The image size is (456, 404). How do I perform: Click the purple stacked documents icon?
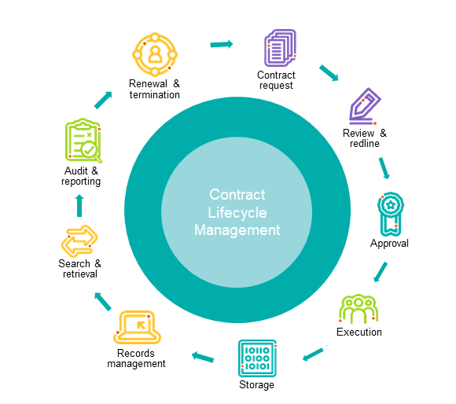(280, 48)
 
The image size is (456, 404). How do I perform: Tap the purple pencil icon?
(365, 106)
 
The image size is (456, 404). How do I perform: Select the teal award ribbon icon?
(391, 214)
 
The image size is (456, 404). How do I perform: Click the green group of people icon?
(359, 309)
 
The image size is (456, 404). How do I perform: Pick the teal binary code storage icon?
(257, 358)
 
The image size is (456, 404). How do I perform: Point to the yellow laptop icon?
(137, 327)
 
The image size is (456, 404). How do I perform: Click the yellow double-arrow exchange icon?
(79, 241)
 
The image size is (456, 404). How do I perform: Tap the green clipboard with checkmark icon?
(83, 141)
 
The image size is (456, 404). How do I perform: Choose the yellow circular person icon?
(155, 54)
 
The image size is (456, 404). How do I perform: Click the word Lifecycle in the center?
(237, 212)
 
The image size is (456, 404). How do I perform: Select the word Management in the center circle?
(237, 230)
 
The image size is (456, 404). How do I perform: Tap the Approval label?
(389, 244)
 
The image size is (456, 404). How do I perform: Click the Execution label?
(359, 332)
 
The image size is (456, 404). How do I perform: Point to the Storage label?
(256, 385)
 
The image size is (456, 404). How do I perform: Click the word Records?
(136, 353)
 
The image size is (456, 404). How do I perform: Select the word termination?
(155, 95)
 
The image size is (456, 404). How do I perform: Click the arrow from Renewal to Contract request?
(222, 45)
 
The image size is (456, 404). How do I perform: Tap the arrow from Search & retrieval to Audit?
(79, 205)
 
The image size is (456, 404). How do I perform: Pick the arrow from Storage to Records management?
(203, 357)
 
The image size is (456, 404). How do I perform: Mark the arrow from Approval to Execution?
(381, 272)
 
